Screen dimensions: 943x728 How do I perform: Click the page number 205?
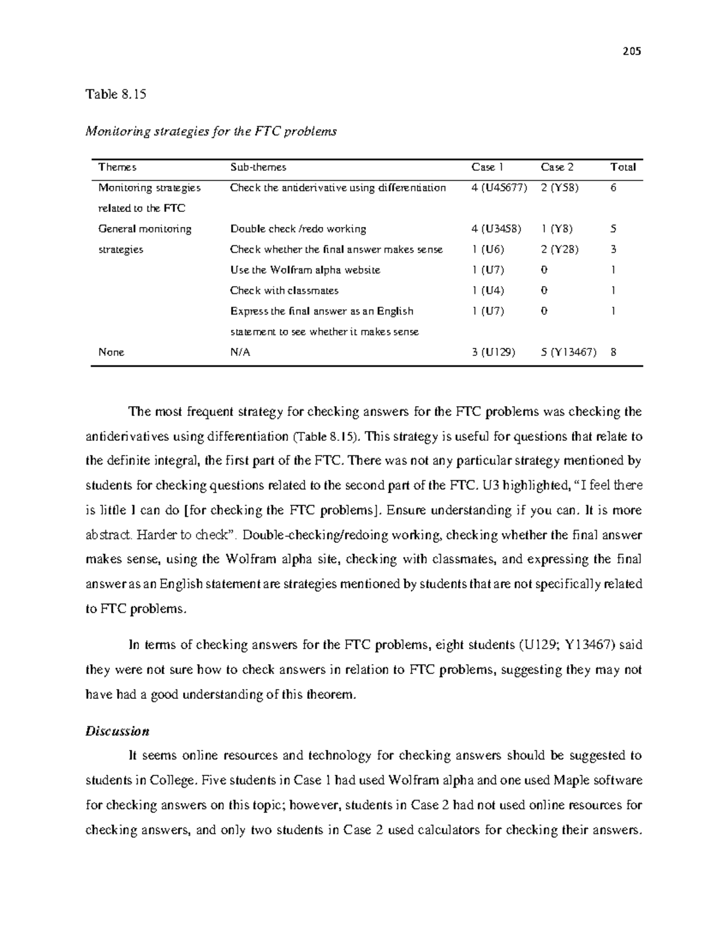click(632, 51)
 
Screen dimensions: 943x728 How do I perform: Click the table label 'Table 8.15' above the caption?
click(116, 94)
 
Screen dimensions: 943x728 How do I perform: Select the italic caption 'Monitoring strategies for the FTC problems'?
click(211, 131)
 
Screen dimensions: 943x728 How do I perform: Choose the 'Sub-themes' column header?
click(258, 167)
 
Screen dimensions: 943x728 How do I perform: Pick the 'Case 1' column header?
click(487, 167)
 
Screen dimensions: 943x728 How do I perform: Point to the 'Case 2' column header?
click(557, 167)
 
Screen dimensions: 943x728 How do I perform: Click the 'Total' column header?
click(622, 167)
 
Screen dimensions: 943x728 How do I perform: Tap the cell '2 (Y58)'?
click(559, 188)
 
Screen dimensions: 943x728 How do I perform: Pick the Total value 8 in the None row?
click(614, 352)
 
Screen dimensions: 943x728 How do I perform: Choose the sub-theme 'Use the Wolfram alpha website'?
click(305, 270)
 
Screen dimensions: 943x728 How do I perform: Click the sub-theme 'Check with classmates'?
click(284, 291)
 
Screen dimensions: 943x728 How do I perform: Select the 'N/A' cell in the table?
click(240, 352)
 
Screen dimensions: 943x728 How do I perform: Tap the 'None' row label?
click(111, 352)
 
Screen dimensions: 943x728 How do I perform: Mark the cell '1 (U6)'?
click(487, 250)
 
